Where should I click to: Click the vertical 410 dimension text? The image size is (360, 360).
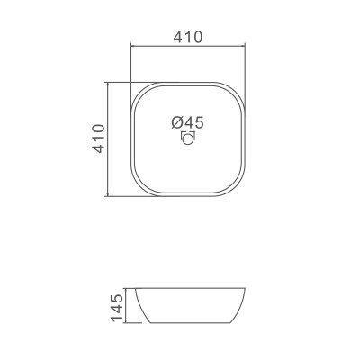click(x=100, y=139)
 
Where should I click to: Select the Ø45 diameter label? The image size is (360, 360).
click(x=187, y=122)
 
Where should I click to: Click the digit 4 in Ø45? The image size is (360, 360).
click(x=187, y=122)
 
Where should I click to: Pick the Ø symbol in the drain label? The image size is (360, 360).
click(x=175, y=122)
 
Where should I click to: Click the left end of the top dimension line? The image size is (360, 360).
click(x=131, y=45)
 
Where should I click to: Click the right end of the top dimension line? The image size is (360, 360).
click(x=246, y=45)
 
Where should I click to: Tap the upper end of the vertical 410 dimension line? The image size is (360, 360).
click(x=109, y=82)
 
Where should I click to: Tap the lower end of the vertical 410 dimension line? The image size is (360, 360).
click(x=109, y=195)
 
